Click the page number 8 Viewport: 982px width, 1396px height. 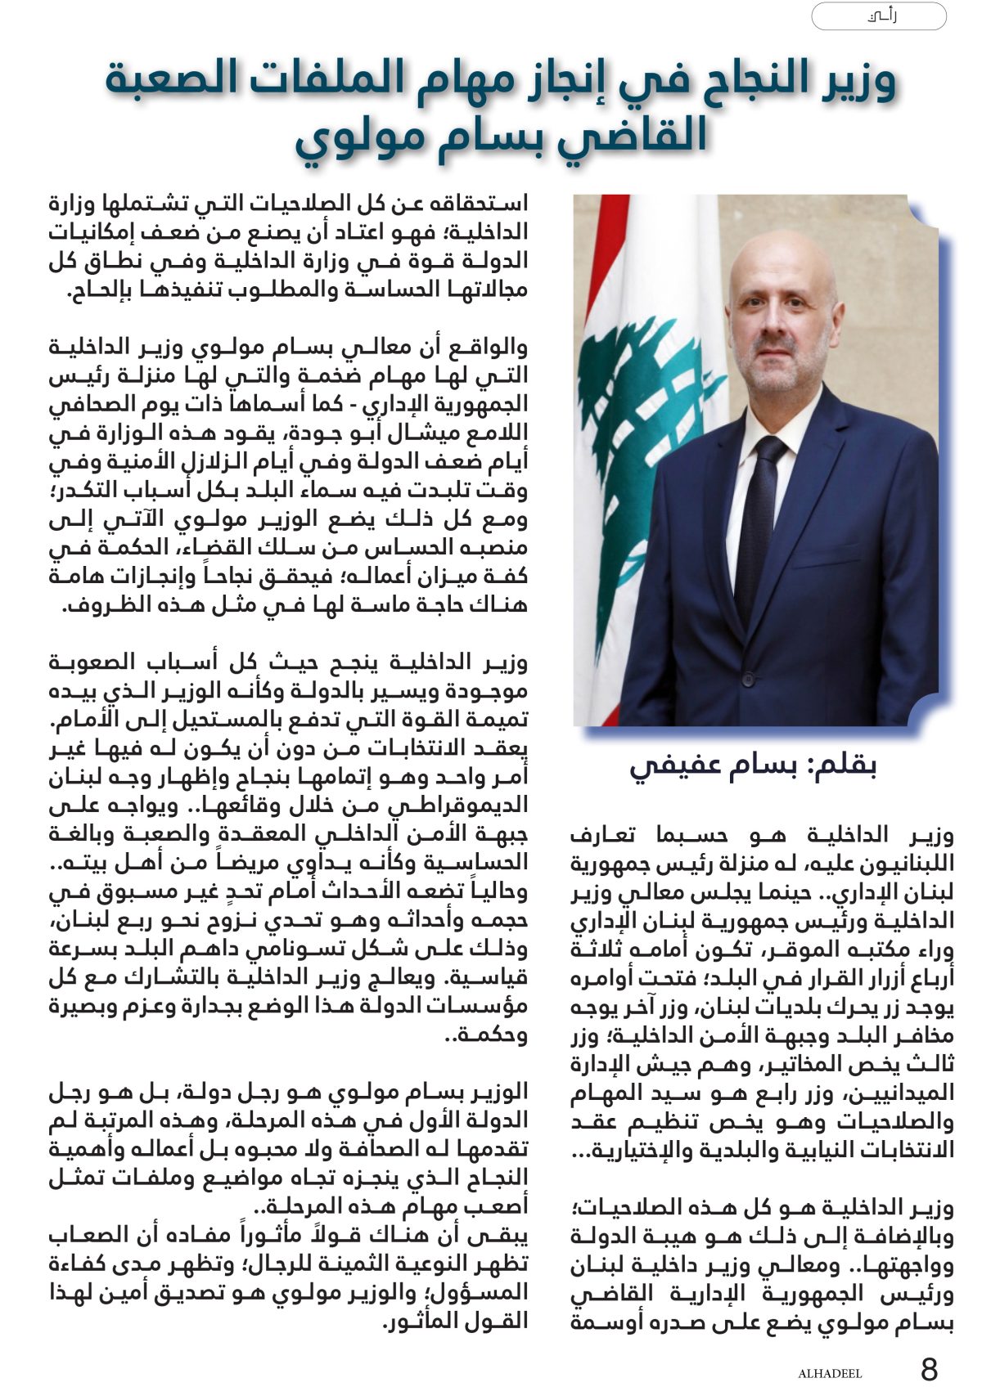click(930, 1367)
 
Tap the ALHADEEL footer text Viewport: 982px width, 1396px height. click(830, 1373)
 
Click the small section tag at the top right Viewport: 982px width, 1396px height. click(878, 16)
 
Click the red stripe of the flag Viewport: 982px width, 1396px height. click(602, 245)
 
